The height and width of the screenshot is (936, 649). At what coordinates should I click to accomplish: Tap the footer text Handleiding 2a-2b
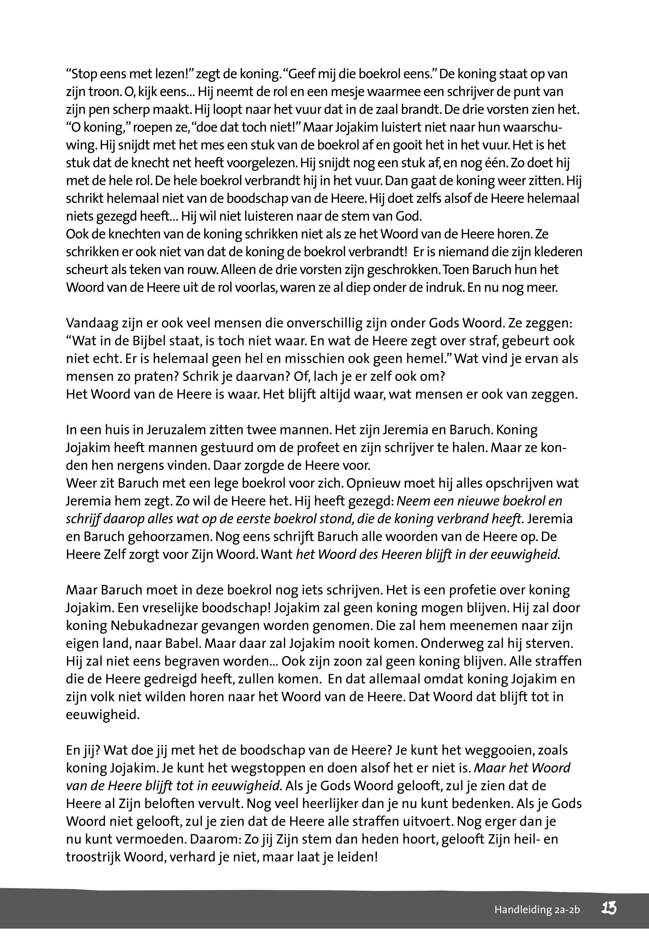537,910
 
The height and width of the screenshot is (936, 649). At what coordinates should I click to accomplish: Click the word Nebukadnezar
153,626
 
